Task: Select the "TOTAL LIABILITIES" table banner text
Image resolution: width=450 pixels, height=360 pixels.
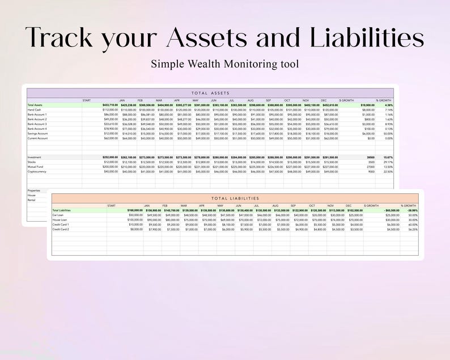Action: click(235, 198)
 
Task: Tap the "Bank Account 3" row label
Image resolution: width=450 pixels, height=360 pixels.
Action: click(37, 124)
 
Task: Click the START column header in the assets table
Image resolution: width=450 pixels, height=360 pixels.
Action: click(86, 100)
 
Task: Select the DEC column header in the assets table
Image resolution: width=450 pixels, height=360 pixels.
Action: click(324, 100)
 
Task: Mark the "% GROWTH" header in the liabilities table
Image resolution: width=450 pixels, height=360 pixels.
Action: click(409, 205)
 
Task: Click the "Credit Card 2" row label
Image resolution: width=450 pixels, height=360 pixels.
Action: click(61, 229)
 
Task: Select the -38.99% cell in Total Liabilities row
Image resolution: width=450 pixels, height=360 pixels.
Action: click(410, 210)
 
